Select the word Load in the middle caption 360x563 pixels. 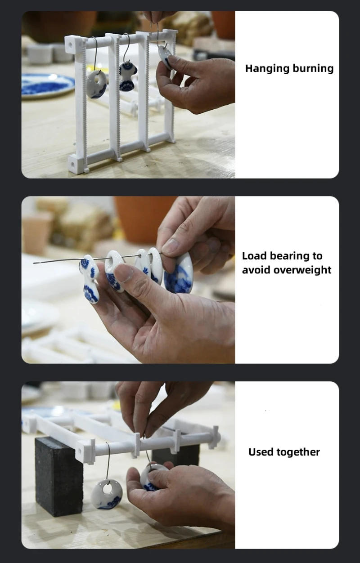tap(254, 256)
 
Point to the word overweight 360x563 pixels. tap(302, 270)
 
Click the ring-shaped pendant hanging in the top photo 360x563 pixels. tap(96, 85)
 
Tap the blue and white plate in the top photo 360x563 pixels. tap(48, 85)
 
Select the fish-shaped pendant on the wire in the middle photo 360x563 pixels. tap(90, 278)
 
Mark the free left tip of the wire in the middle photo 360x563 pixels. tap(34, 263)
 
